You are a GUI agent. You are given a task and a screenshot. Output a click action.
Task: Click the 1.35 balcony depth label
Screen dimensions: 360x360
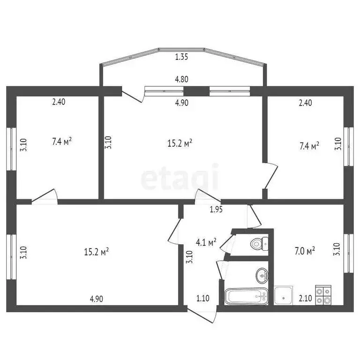(x=181, y=58)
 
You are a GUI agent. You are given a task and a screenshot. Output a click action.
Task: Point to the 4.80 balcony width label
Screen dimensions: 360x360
(x=181, y=79)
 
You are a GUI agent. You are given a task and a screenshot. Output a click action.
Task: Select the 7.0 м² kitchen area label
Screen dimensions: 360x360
(x=304, y=251)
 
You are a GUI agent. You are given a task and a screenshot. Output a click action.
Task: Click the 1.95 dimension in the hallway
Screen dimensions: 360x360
(x=216, y=210)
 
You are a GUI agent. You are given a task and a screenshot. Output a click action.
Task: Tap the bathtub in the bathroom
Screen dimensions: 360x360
(x=246, y=296)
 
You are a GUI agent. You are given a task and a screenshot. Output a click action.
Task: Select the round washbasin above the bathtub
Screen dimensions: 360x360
(x=262, y=275)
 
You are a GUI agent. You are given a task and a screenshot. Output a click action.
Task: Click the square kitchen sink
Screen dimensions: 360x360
(x=283, y=295)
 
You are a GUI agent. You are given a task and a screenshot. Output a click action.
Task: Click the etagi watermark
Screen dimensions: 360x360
(x=180, y=177)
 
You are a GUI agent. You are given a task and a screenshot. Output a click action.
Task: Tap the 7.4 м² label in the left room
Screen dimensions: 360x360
(x=62, y=141)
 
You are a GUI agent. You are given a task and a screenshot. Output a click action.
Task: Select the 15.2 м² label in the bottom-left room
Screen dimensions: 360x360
(x=97, y=252)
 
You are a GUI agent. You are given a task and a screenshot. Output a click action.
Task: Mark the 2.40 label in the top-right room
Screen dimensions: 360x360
(x=305, y=104)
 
